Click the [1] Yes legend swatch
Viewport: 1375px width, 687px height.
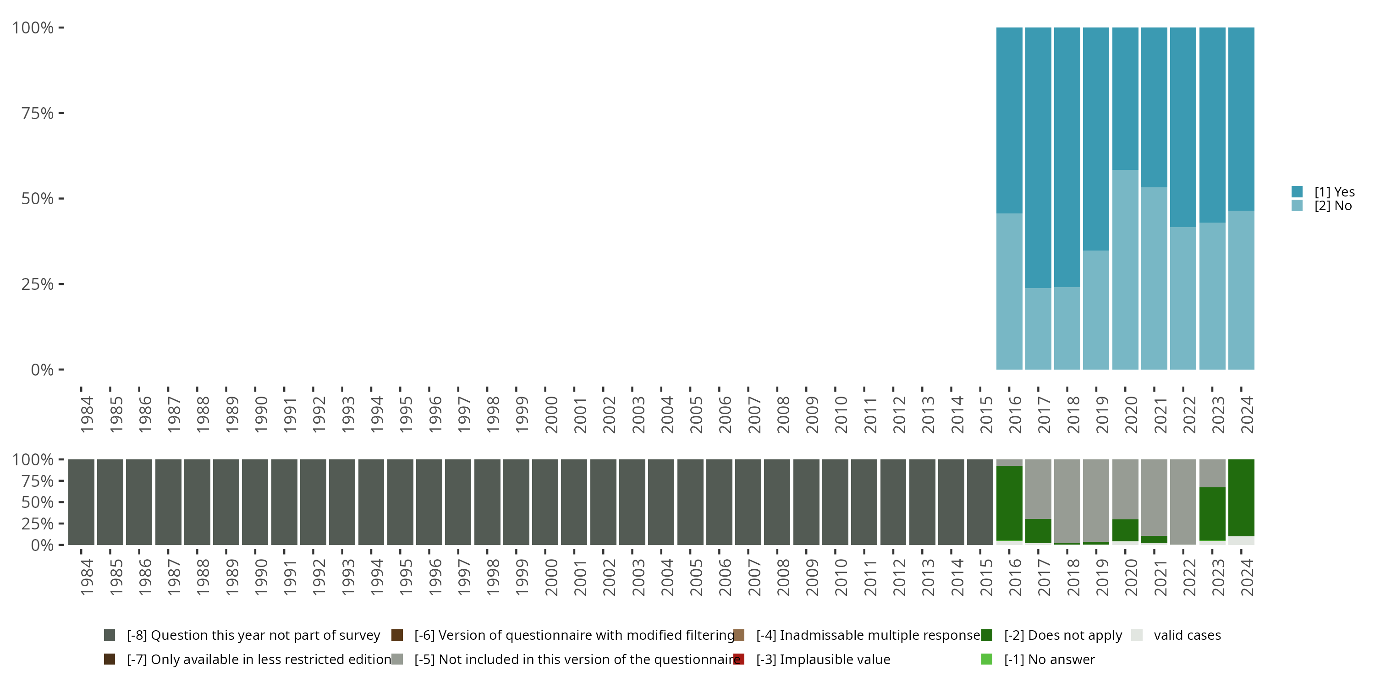1297,191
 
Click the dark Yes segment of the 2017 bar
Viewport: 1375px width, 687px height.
1038,158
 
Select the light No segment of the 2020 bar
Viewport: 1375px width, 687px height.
1125,269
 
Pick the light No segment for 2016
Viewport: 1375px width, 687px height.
1009,291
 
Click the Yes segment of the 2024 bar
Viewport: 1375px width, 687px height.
1241,119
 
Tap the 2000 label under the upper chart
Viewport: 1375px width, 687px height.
551,415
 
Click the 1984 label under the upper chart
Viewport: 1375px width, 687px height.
87,415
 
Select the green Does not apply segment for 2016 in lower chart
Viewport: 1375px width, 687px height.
1009,503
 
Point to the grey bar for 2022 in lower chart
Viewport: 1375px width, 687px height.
1183,502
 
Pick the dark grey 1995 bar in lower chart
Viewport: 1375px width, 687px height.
400,502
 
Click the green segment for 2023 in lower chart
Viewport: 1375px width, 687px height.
1212,514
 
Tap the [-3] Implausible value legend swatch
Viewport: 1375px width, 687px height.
739,659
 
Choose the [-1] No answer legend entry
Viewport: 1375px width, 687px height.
1049,659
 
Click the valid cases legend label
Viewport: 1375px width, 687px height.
1187,635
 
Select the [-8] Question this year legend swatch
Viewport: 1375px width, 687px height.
110,635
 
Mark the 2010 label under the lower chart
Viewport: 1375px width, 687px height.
841,578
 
